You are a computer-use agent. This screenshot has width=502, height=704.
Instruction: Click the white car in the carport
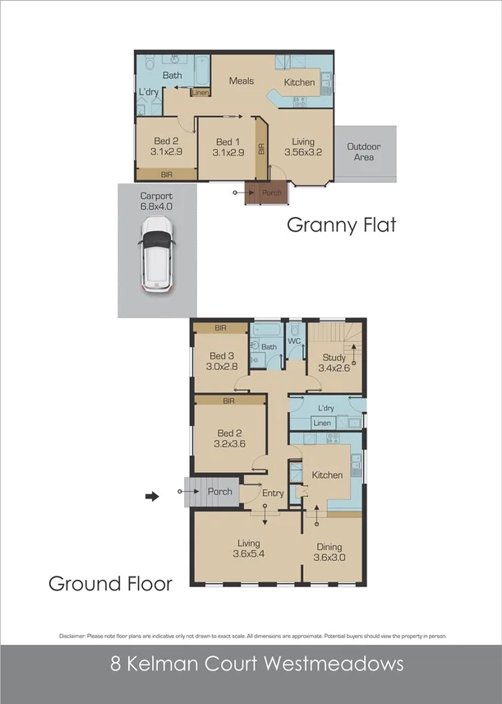(x=157, y=259)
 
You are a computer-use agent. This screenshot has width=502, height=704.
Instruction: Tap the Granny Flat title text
(x=341, y=225)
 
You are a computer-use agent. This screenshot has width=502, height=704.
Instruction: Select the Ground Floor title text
(x=110, y=584)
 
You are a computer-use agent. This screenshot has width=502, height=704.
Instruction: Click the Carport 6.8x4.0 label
(x=156, y=201)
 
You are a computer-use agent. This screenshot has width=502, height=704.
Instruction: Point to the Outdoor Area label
(x=363, y=151)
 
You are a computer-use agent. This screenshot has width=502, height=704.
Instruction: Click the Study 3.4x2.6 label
(x=334, y=362)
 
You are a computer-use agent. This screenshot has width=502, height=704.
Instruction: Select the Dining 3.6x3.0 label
(x=328, y=553)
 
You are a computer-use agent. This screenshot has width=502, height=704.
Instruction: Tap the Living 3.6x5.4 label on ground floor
(x=248, y=549)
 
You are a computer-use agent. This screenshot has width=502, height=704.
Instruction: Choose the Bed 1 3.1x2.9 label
(x=228, y=146)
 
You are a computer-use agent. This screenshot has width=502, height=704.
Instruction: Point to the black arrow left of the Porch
(x=151, y=496)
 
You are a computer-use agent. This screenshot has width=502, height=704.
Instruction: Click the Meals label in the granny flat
(x=242, y=81)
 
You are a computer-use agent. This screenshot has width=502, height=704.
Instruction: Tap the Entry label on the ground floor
(x=272, y=493)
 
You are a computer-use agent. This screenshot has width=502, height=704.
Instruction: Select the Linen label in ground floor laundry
(x=323, y=424)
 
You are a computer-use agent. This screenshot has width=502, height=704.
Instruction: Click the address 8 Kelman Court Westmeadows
(x=251, y=663)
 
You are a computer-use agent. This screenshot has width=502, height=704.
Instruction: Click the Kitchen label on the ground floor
(x=327, y=475)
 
